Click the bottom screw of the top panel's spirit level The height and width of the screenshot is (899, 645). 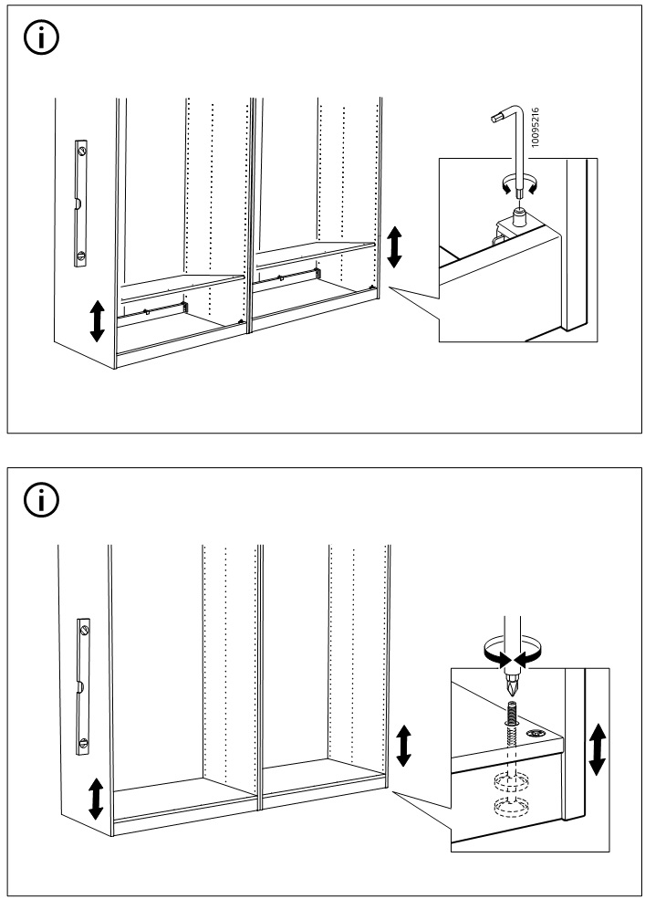pyautogui.click(x=80, y=256)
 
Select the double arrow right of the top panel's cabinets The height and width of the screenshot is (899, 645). pyautogui.click(x=394, y=247)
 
